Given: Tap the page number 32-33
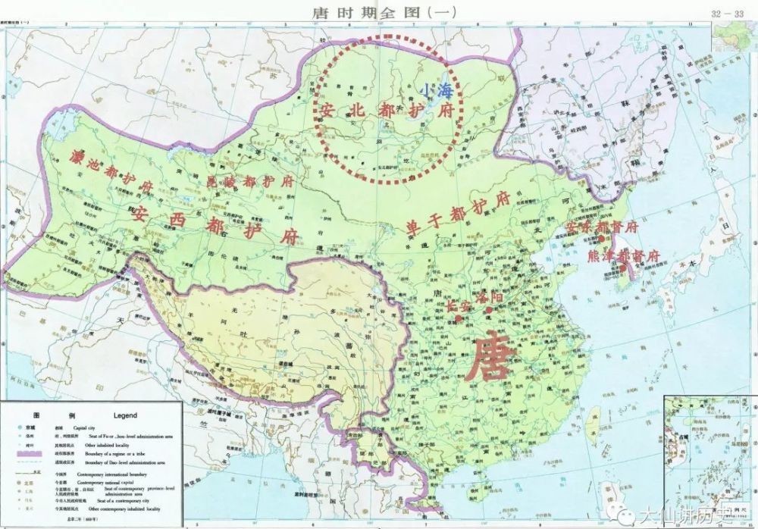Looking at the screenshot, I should [x=726, y=14].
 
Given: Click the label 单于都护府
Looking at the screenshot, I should [x=452, y=213].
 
